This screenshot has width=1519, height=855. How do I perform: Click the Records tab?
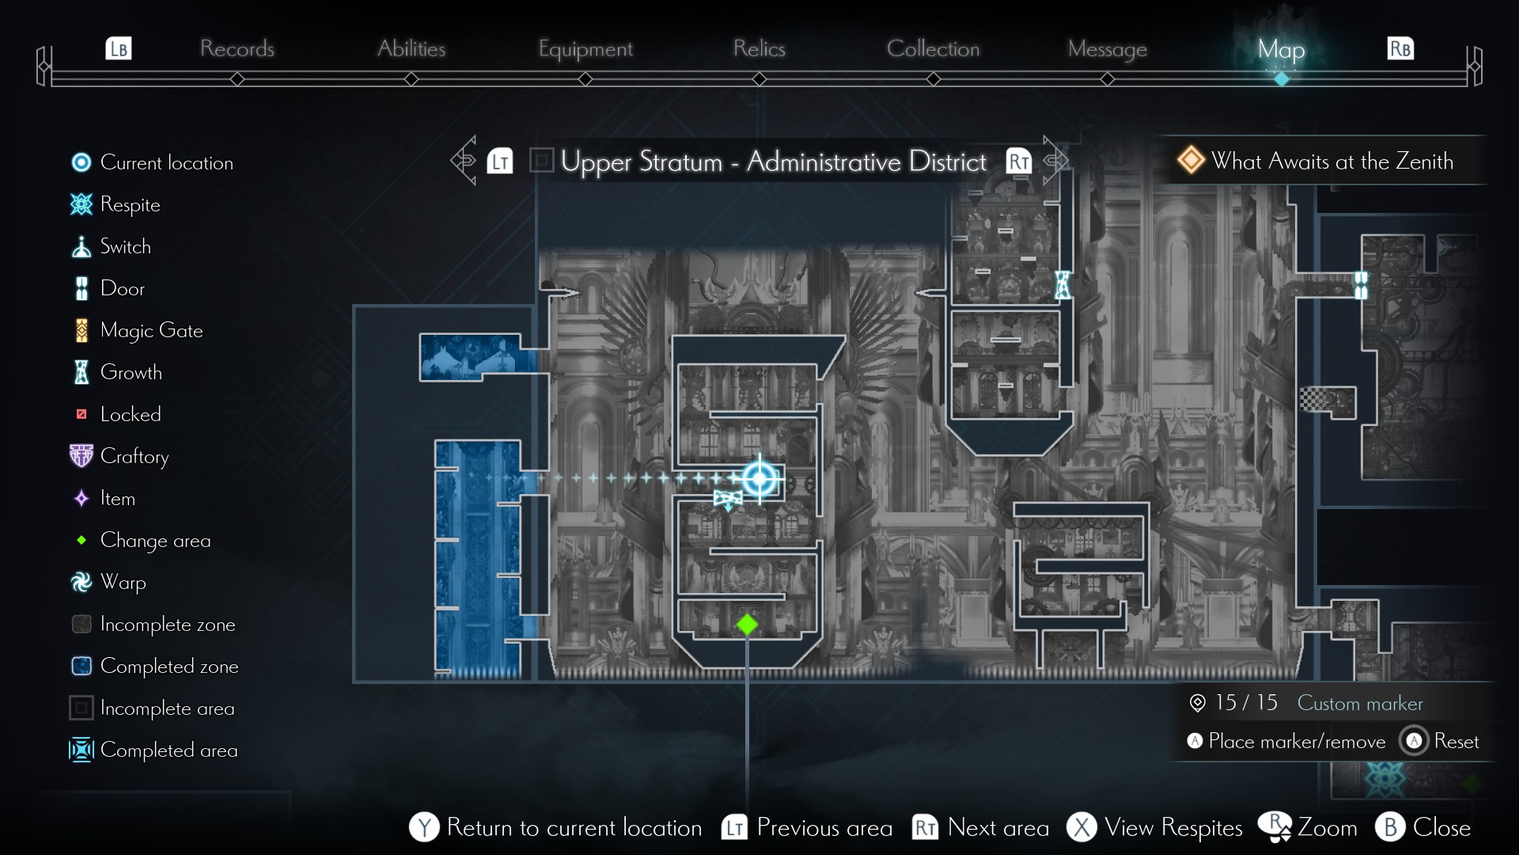(237, 48)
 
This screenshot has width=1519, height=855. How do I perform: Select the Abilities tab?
(411, 48)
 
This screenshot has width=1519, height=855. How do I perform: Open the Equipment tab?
(585, 49)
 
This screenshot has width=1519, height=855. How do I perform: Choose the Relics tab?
(759, 48)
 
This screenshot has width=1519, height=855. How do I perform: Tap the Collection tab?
(933, 48)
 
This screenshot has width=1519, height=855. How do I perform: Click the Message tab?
(1107, 49)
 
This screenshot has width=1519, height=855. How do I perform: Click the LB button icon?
(119, 48)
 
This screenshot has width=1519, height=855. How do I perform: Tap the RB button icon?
(1400, 48)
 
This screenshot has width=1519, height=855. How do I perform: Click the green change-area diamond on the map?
(747, 625)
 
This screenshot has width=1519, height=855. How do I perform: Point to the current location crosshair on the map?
(759, 478)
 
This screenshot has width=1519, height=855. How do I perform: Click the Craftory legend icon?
(81, 456)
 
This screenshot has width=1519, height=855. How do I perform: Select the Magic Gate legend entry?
(151, 330)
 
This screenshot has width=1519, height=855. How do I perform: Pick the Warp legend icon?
(81, 582)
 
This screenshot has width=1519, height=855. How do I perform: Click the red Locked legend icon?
(81, 414)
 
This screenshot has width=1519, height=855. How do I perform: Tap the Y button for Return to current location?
(424, 827)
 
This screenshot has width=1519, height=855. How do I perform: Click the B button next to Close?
(1390, 827)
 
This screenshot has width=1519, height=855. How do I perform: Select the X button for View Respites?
(1081, 827)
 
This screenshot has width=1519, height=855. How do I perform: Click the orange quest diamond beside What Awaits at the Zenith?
(1191, 160)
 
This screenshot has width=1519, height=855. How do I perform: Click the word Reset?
(1456, 741)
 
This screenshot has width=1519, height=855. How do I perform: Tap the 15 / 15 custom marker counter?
(1245, 702)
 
